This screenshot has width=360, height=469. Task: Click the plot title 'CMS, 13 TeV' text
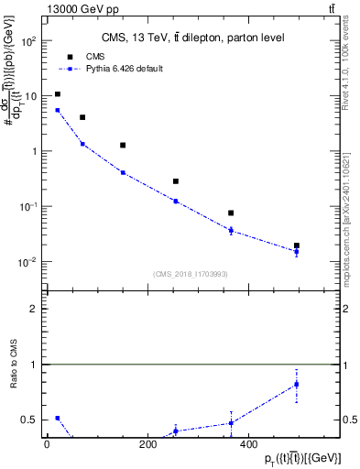click(x=192, y=38)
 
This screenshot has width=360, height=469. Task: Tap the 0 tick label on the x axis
click(x=47, y=445)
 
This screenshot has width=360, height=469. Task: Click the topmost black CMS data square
click(x=58, y=94)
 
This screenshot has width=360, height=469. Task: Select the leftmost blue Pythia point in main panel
click(x=58, y=110)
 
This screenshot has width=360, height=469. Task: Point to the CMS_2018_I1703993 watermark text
click(x=190, y=274)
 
